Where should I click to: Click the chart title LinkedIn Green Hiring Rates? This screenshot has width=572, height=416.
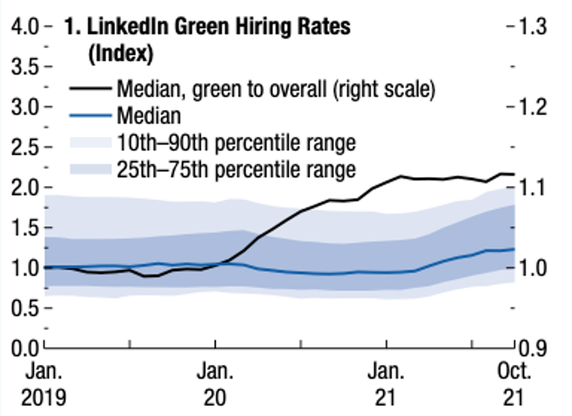(x=218, y=27)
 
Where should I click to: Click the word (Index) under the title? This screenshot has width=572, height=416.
(x=121, y=54)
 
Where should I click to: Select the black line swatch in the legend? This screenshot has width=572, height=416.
(x=90, y=88)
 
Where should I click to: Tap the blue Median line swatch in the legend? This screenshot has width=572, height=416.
(x=90, y=116)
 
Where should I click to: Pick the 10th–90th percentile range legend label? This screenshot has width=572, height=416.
(x=236, y=142)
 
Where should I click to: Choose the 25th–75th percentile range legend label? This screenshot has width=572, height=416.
(x=236, y=169)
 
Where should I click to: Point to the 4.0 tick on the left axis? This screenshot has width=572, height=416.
(x=25, y=27)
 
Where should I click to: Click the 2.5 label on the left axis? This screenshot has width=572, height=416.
(x=25, y=148)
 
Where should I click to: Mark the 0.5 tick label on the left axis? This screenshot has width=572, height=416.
(x=25, y=309)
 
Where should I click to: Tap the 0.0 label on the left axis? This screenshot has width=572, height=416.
(x=25, y=348)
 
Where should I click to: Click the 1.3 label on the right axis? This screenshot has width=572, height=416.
(x=533, y=27)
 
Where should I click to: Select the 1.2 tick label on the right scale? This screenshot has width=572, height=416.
(x=533, y=107)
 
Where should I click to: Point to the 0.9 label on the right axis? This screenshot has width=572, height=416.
(x=533, y=348)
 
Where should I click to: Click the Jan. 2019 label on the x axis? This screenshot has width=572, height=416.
(x=44, y=384)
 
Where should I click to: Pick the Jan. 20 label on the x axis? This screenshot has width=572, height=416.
(x=214, y=384)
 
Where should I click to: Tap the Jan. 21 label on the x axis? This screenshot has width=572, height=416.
(x=386, y=384)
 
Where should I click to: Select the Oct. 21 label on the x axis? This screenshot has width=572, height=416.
(x=514, y=384)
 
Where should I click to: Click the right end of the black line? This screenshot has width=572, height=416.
(x=514, y=174)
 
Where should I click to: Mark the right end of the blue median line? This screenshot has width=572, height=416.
(x=514, y=249)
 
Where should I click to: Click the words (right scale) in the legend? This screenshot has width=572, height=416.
(x=384, y=89)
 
